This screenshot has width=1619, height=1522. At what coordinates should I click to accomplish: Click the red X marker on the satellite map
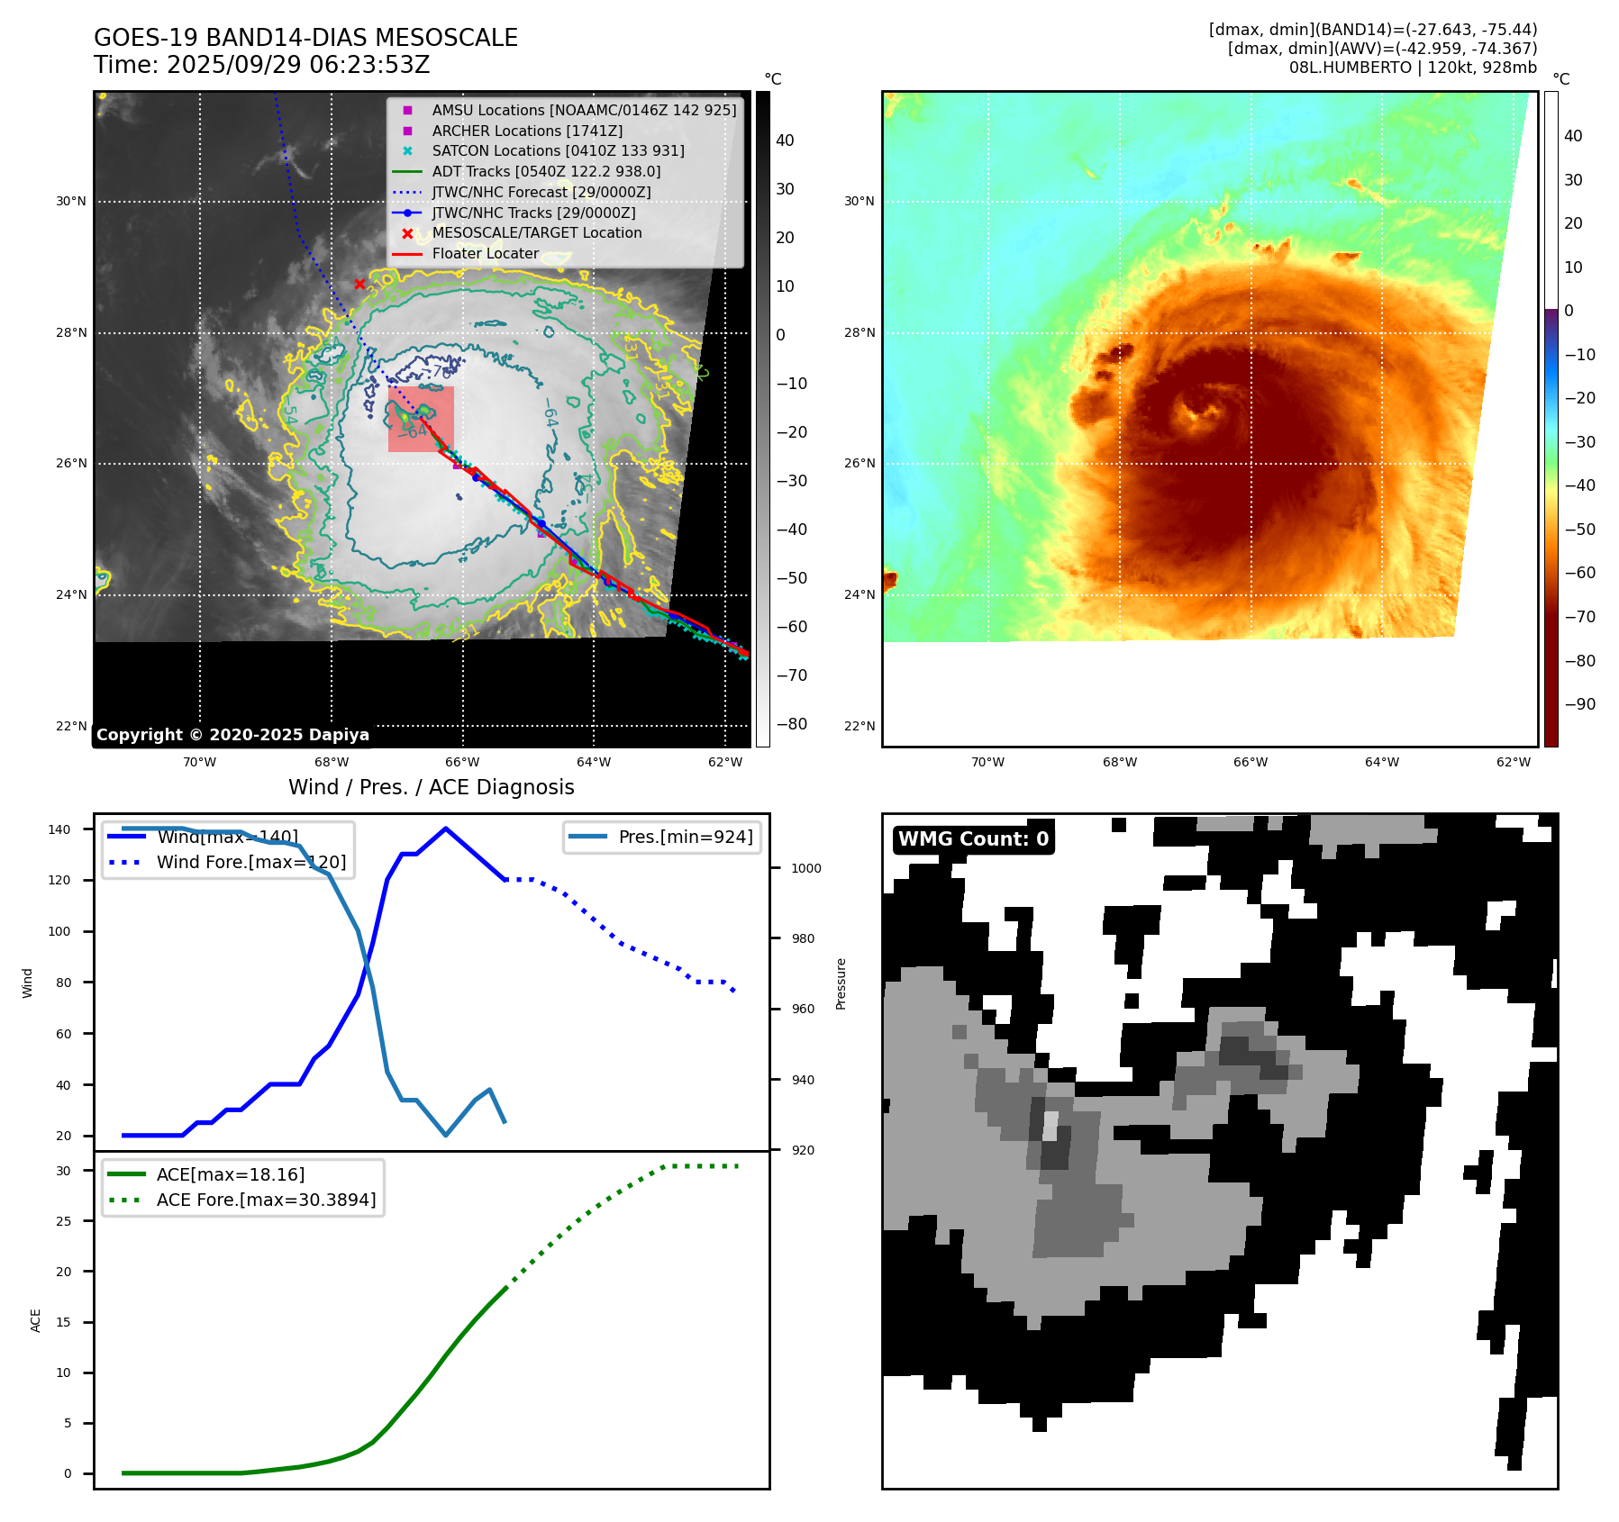click(x=359, y=284)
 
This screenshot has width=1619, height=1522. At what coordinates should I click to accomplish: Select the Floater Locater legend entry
click(x=485, y=253)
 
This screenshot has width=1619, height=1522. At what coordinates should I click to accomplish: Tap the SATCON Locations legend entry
click(x=558, y=150)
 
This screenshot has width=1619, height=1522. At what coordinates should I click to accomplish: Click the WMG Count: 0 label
click(x=973, y=838)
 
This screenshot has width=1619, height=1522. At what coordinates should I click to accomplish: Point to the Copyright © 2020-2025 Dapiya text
click(x=232, y=734)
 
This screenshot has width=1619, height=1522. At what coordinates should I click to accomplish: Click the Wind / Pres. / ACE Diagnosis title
click(x=431, y=787)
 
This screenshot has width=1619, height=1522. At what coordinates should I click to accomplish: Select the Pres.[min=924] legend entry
click(x=685, y=837)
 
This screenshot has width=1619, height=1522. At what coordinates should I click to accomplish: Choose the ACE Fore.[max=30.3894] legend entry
click(x=266, y=1200)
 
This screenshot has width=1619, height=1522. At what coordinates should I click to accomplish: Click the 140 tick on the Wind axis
click(x=59, y=829)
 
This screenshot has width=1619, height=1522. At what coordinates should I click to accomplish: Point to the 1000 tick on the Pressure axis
click(x=806, y=868)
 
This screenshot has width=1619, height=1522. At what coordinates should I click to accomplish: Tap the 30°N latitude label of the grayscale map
click(x=71, y=202)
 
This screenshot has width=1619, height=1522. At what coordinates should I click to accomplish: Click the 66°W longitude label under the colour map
click(x=1250, y=762)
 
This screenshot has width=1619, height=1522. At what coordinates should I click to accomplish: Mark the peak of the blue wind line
click(x=446, y=829)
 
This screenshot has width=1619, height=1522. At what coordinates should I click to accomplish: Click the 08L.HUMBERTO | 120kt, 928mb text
click(x=1412, y=68)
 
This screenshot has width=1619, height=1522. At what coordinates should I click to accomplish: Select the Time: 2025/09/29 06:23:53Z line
click(x=262, y=65)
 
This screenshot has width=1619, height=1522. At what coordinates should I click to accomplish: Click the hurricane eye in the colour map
click(x=1199, y=413)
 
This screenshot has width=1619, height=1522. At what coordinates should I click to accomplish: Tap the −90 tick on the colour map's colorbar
click(x=1579, y=704)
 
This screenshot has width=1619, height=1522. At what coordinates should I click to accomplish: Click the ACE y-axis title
click(x=36, y=1320)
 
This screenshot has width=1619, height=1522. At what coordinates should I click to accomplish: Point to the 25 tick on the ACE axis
click(x=64, y=1221)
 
